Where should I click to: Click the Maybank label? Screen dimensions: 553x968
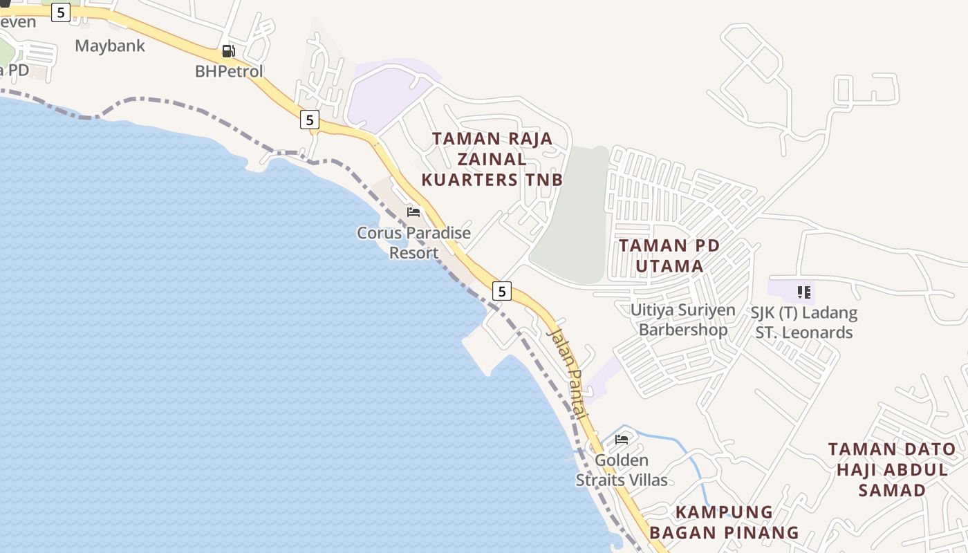point(110,46)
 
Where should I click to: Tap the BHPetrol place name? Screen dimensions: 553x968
point(229,71)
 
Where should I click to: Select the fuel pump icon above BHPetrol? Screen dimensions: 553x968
point(228,51)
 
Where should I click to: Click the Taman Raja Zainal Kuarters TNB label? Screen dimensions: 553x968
point(492,159)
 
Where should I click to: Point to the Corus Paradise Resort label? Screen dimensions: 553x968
point(413,243)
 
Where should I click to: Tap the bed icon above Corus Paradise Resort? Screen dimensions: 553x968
point(413,212)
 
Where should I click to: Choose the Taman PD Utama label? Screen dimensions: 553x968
point(669,256)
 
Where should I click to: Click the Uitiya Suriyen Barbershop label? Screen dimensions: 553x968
point(682,319)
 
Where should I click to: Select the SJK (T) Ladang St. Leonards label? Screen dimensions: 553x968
point(803,322)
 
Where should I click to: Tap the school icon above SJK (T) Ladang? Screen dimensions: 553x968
point(803,292)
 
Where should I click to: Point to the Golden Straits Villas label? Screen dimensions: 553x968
point(622,470)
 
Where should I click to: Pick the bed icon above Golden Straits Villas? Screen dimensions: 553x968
point(622,439)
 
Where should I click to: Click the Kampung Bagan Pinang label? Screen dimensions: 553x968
point(724,523)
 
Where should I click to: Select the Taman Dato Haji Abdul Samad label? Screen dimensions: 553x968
point(892,470)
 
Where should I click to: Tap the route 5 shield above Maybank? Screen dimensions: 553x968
point(61,12)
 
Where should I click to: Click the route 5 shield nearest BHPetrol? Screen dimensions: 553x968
point(309,120)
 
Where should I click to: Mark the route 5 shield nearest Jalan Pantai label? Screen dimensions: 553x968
point(502,291)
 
